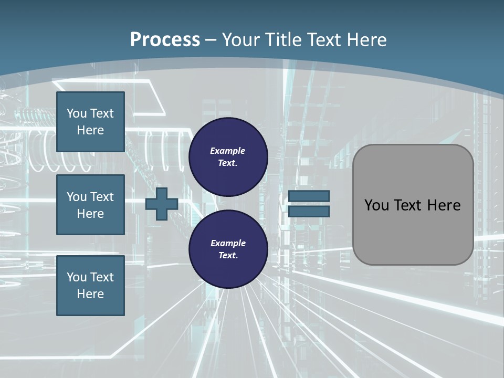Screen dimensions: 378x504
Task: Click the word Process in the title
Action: coord(165,40)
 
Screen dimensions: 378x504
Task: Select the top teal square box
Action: coord(90,122)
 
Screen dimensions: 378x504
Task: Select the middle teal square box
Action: coord(90,205)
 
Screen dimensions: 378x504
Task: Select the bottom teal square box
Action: coord(90,286)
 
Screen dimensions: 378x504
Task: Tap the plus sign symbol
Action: coord(162,204)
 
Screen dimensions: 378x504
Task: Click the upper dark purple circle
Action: coord(228,157)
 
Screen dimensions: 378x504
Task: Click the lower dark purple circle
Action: coord(228,249)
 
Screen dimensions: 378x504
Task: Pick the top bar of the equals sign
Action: coord(309,196)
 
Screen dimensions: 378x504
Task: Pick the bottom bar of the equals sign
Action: coord(309,211)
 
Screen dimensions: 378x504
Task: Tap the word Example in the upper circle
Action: coord(227,151)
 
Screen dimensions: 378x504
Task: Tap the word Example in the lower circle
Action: coord(227,243)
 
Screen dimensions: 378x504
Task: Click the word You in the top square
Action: coord(77,113)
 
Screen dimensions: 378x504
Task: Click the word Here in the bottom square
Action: coord(90,294)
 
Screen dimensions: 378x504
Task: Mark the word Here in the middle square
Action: coord(90,214)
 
